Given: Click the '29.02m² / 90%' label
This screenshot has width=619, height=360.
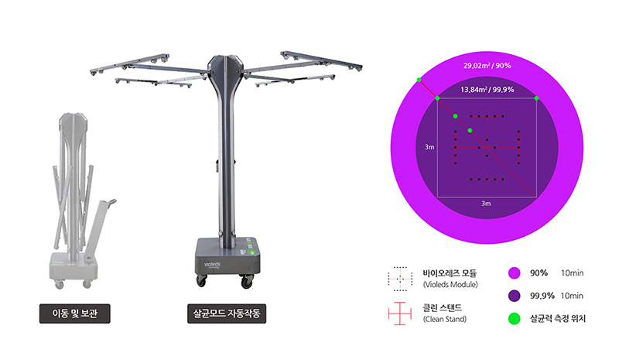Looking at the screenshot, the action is (x=487, y=66).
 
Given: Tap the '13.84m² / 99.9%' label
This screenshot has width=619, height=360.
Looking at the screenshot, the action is (x=487, y=90).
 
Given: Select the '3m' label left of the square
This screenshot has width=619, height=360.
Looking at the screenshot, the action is (x=429, y=147).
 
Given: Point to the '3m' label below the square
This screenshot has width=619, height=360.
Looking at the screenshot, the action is (x=486, y=204).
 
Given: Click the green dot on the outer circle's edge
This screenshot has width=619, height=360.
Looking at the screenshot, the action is (x=419, y=80).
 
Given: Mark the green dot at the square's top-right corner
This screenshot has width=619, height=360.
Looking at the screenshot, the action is (x=536, y=98).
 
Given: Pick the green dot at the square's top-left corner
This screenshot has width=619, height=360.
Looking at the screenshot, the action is (x=437, y=98).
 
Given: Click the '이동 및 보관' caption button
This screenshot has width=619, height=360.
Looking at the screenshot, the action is (x=74, y=314).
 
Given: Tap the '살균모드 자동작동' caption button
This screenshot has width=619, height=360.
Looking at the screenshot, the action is (x=227, y=314).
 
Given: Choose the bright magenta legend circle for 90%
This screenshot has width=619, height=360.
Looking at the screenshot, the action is (x=514, y=273).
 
